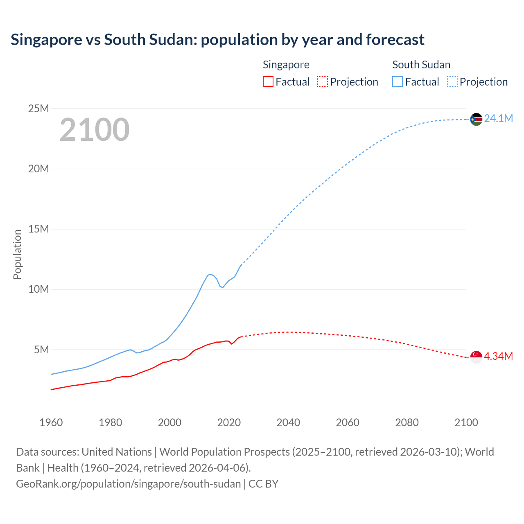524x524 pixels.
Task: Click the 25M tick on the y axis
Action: (x=38, y=108)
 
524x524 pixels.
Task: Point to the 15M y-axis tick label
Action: (x=38, y=229)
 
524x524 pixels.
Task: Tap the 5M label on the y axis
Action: (x=41, y=350)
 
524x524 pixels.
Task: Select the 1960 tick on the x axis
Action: (x=51, y=422)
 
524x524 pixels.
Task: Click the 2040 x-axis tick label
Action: (x=288, y=422)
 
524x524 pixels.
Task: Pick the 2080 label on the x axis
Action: (x=407, y=422)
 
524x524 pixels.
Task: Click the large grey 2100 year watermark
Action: (x=95, y=130)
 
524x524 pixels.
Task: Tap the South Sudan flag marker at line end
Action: (x=476, y=119)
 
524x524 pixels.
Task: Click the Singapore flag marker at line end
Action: (x=476, y=357)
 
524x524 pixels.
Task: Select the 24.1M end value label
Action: (x=498, y=119)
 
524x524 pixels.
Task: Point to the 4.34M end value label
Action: (x=498, y=356)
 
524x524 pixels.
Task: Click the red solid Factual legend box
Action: (x=268, y=81)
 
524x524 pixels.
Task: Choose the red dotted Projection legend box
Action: (x=323, y=81)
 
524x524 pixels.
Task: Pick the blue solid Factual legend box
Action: (x=398, y=81)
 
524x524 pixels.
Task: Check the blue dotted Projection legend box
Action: (x=452, y=81)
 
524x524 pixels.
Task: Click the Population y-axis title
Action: (x=17, y=254)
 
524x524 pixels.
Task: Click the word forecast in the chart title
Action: (x=395, y=40)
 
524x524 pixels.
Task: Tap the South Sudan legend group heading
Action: (x=421, y=65)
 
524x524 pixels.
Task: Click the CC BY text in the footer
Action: (x=263, y=484)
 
